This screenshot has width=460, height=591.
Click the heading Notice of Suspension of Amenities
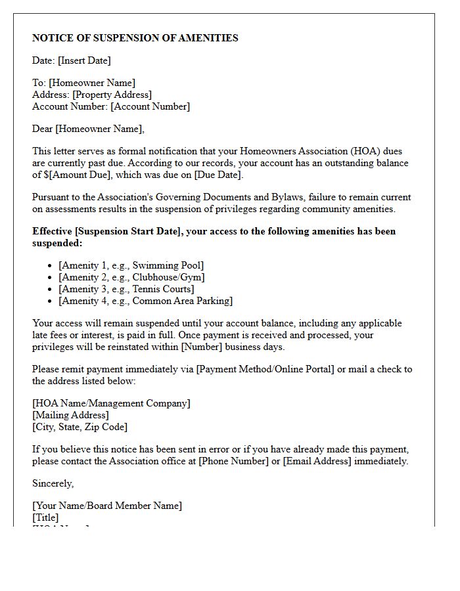tap(135, 38)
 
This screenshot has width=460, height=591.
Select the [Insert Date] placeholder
tap(84, 60)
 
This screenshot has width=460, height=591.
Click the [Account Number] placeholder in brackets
tap(150, 106)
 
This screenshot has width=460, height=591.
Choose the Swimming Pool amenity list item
tap(131, 265)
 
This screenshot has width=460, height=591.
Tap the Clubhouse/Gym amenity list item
tap(131, 277)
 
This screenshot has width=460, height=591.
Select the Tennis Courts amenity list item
tap(126, 289)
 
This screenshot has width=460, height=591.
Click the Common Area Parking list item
tap(145, 301)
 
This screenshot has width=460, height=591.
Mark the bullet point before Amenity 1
tap(50, 266)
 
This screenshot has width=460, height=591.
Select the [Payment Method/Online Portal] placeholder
tap(265, 369)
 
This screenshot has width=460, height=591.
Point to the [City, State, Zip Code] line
tap(80, 427)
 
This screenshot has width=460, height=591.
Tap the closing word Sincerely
tap(53, 483)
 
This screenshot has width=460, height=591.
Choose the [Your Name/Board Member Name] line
tap(107, 506)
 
